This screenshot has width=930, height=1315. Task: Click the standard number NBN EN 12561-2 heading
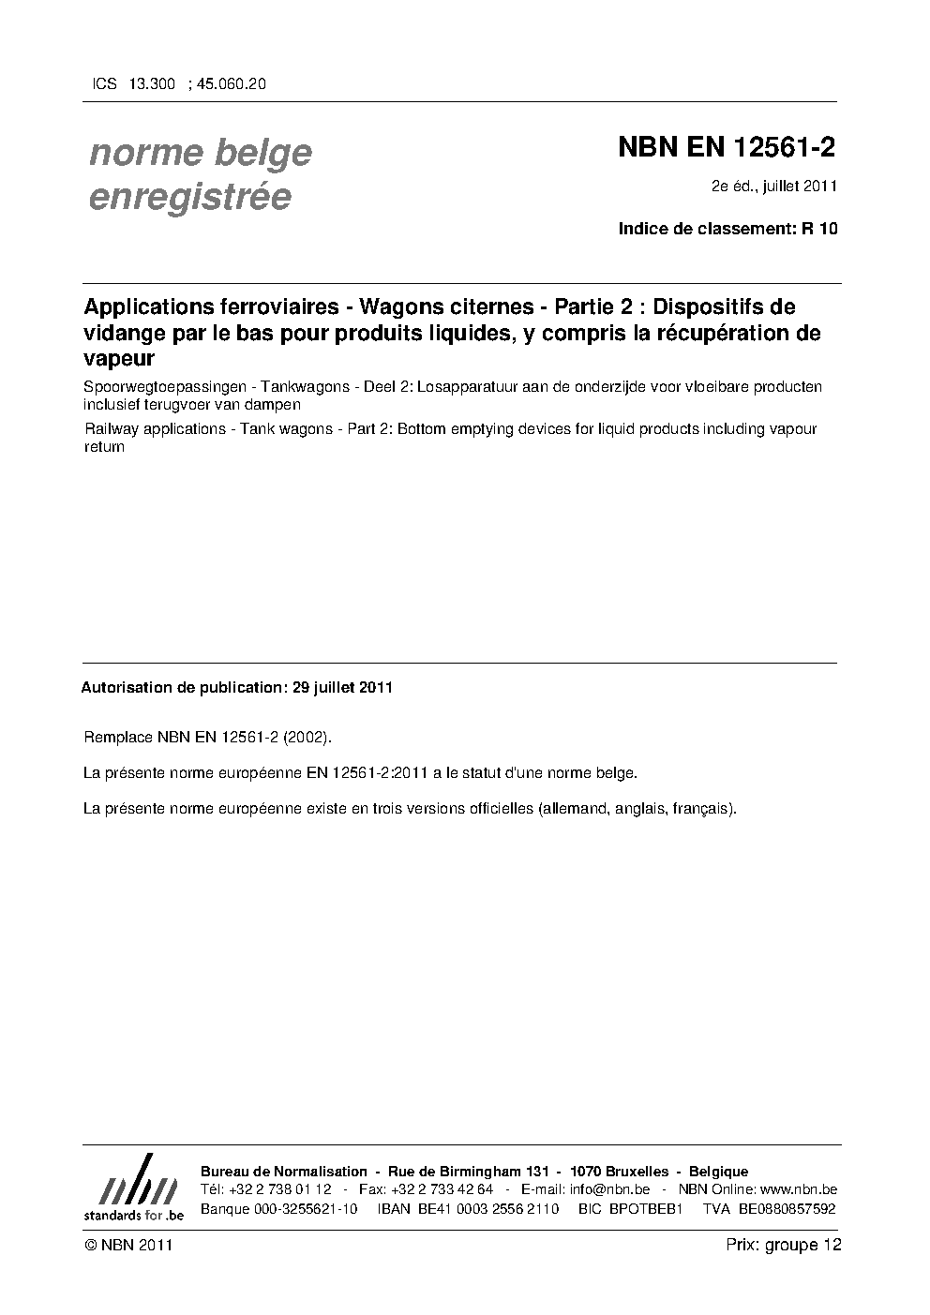coord(726,148)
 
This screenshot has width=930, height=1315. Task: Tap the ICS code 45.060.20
coord(231,83)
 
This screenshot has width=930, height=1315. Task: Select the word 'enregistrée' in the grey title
coord(190,197)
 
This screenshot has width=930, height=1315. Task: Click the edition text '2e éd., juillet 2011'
coord(773,187)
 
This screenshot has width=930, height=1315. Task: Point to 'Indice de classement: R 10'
coord(727,228)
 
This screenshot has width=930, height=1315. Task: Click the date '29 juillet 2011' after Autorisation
coord(342,687)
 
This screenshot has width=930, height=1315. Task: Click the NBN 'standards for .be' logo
coord(134,1188)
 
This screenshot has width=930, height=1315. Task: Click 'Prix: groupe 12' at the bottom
coord(784,1245)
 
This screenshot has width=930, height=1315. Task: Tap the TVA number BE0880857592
coord(787,1209)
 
